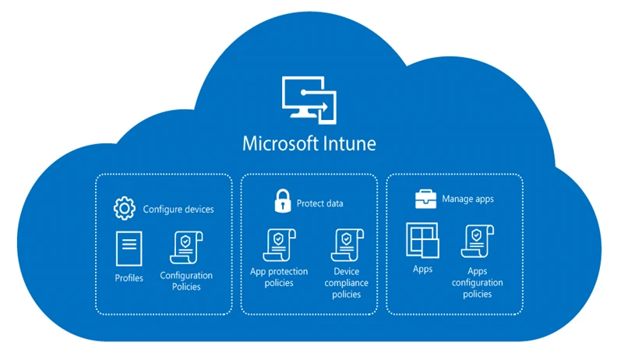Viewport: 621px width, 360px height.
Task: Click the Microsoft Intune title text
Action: pos(309,144)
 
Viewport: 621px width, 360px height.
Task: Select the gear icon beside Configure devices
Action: pos(124,209)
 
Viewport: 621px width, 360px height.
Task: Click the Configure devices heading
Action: pos(178,210)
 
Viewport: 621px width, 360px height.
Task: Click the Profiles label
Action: pos(129,278)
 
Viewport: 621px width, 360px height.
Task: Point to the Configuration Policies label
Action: pos(186,281)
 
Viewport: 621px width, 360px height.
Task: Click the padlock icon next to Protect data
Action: pos(281,203)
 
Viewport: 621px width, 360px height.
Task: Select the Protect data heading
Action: pos(319,204)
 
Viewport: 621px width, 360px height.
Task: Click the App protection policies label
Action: pos(279,277)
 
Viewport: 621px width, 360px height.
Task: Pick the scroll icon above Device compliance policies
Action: pos(345,245)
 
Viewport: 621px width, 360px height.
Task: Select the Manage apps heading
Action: pos(468,199)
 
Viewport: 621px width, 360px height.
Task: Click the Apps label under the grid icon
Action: pos(422,269)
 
